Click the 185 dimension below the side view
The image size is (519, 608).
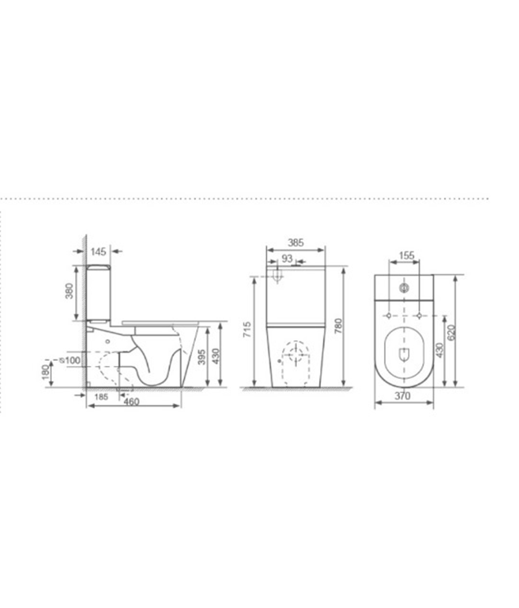click(101, 397)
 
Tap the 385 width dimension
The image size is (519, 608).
click(295, 243)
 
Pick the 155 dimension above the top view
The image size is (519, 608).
click(406, 256)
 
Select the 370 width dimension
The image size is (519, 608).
click(402, 396)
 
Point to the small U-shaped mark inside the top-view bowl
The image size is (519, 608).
click(404, 355)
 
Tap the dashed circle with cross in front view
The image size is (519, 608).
click(295, 355)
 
